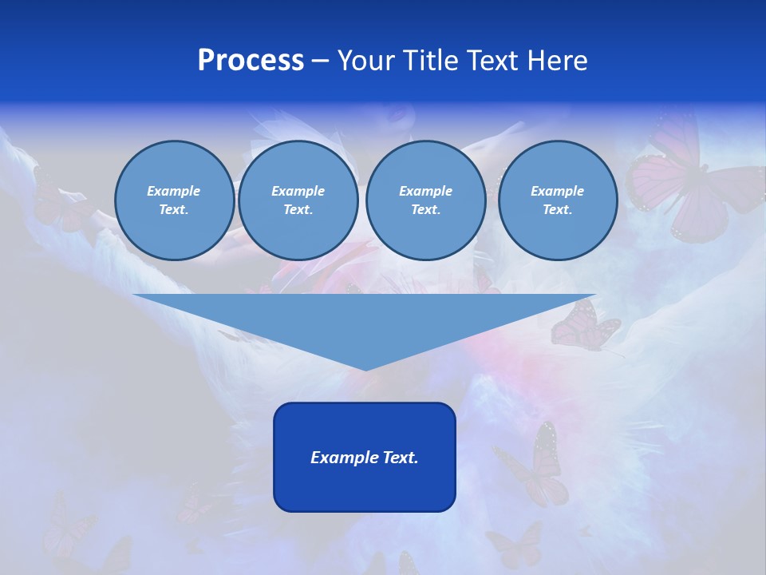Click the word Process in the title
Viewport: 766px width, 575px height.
(x=251, y=61)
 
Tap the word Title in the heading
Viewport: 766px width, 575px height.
(x=428, y=61)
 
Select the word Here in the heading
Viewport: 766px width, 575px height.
(x=557, y=61)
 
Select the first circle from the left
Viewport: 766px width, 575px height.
(x=174, y=200)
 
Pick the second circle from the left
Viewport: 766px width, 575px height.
(x=298, y=200)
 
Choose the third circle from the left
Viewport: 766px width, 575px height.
(x=425, y=200)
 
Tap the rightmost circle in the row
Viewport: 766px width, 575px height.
(x=557, y=200)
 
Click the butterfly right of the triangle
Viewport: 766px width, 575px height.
(x=584, y=325)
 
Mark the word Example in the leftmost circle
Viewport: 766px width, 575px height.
(x=174, y=191)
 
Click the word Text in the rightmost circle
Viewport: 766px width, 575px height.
(x=557, y=210)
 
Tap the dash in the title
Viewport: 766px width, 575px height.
(x=320, y=61)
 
